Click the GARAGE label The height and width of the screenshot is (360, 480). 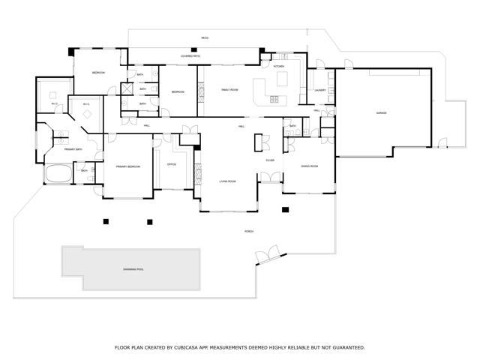[x=382, y=113]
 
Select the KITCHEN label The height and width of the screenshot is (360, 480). [x=279, y=67]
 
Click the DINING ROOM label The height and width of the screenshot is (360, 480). [x=310, y=166]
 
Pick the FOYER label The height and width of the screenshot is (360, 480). [x=269, y=160]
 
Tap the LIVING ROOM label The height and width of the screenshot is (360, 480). [x=227, y=181]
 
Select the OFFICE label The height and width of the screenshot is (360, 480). [x=171, y=163]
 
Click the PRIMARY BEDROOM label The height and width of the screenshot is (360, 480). [x=127, y=166]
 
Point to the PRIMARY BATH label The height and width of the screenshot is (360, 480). [x=73, y=149]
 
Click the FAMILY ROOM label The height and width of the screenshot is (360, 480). [x=229, y=89]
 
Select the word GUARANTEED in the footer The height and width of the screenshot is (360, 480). [x=347, y=348]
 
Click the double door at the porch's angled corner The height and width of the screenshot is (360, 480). [x=267, y=257]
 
